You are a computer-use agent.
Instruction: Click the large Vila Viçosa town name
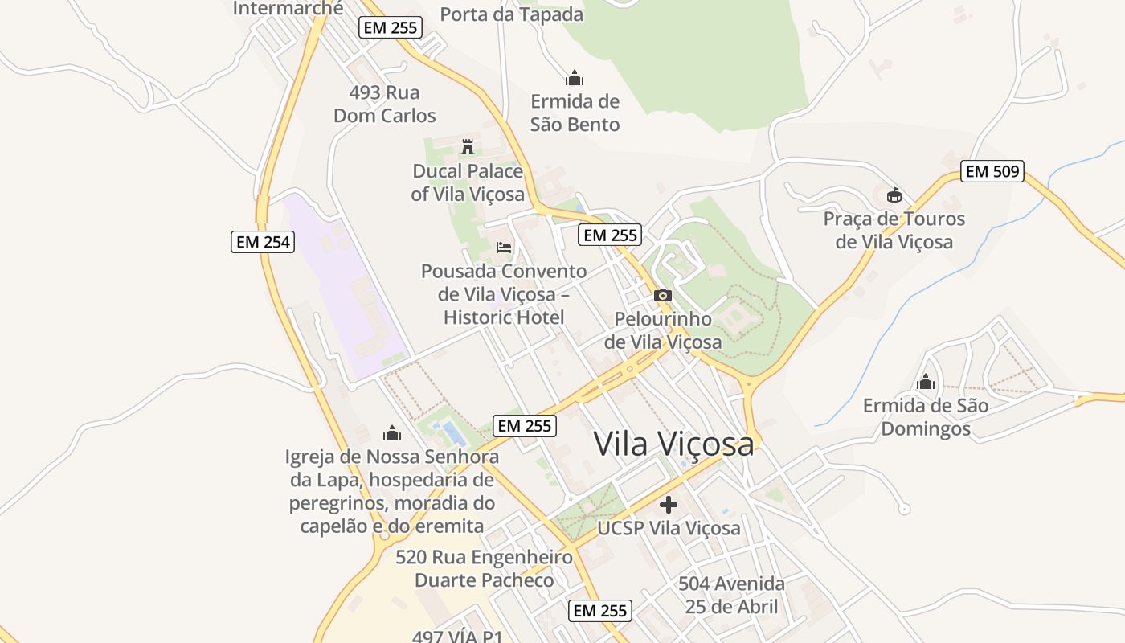click(x=674, y=444)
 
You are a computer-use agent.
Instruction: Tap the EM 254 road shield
click(x=263, y=241)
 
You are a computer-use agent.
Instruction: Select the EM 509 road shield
click(x=992, y=171)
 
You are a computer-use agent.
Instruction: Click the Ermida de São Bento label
click(x=575, y=113)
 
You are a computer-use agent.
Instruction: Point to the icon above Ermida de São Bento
click(x=574, y=79)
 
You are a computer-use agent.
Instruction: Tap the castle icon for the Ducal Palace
click(x=467, y=146)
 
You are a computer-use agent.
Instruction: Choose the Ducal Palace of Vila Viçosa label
click(x=468, y=182)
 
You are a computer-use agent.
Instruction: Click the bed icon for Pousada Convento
click(x=504, y=247)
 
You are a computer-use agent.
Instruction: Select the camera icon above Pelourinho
click(x=663, y=295)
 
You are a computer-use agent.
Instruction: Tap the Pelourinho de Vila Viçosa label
click(x=663, y=330)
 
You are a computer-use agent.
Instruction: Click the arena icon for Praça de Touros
click(x=894, y=195)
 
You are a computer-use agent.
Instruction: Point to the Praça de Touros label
click(x=894, y=230)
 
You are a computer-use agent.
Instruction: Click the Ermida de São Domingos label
click(x=926, y=416)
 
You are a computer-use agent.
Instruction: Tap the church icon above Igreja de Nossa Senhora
click(x=392, y=433)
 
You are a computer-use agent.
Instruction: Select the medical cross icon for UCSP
click(x=669, y=505)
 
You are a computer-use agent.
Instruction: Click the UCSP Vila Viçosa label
click(x=669, y=528)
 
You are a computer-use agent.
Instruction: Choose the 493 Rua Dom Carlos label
click(x=385, y=104)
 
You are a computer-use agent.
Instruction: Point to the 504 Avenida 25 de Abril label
click(x=731, y=594)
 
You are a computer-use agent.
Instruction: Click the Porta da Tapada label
click(x=512, y=14)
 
